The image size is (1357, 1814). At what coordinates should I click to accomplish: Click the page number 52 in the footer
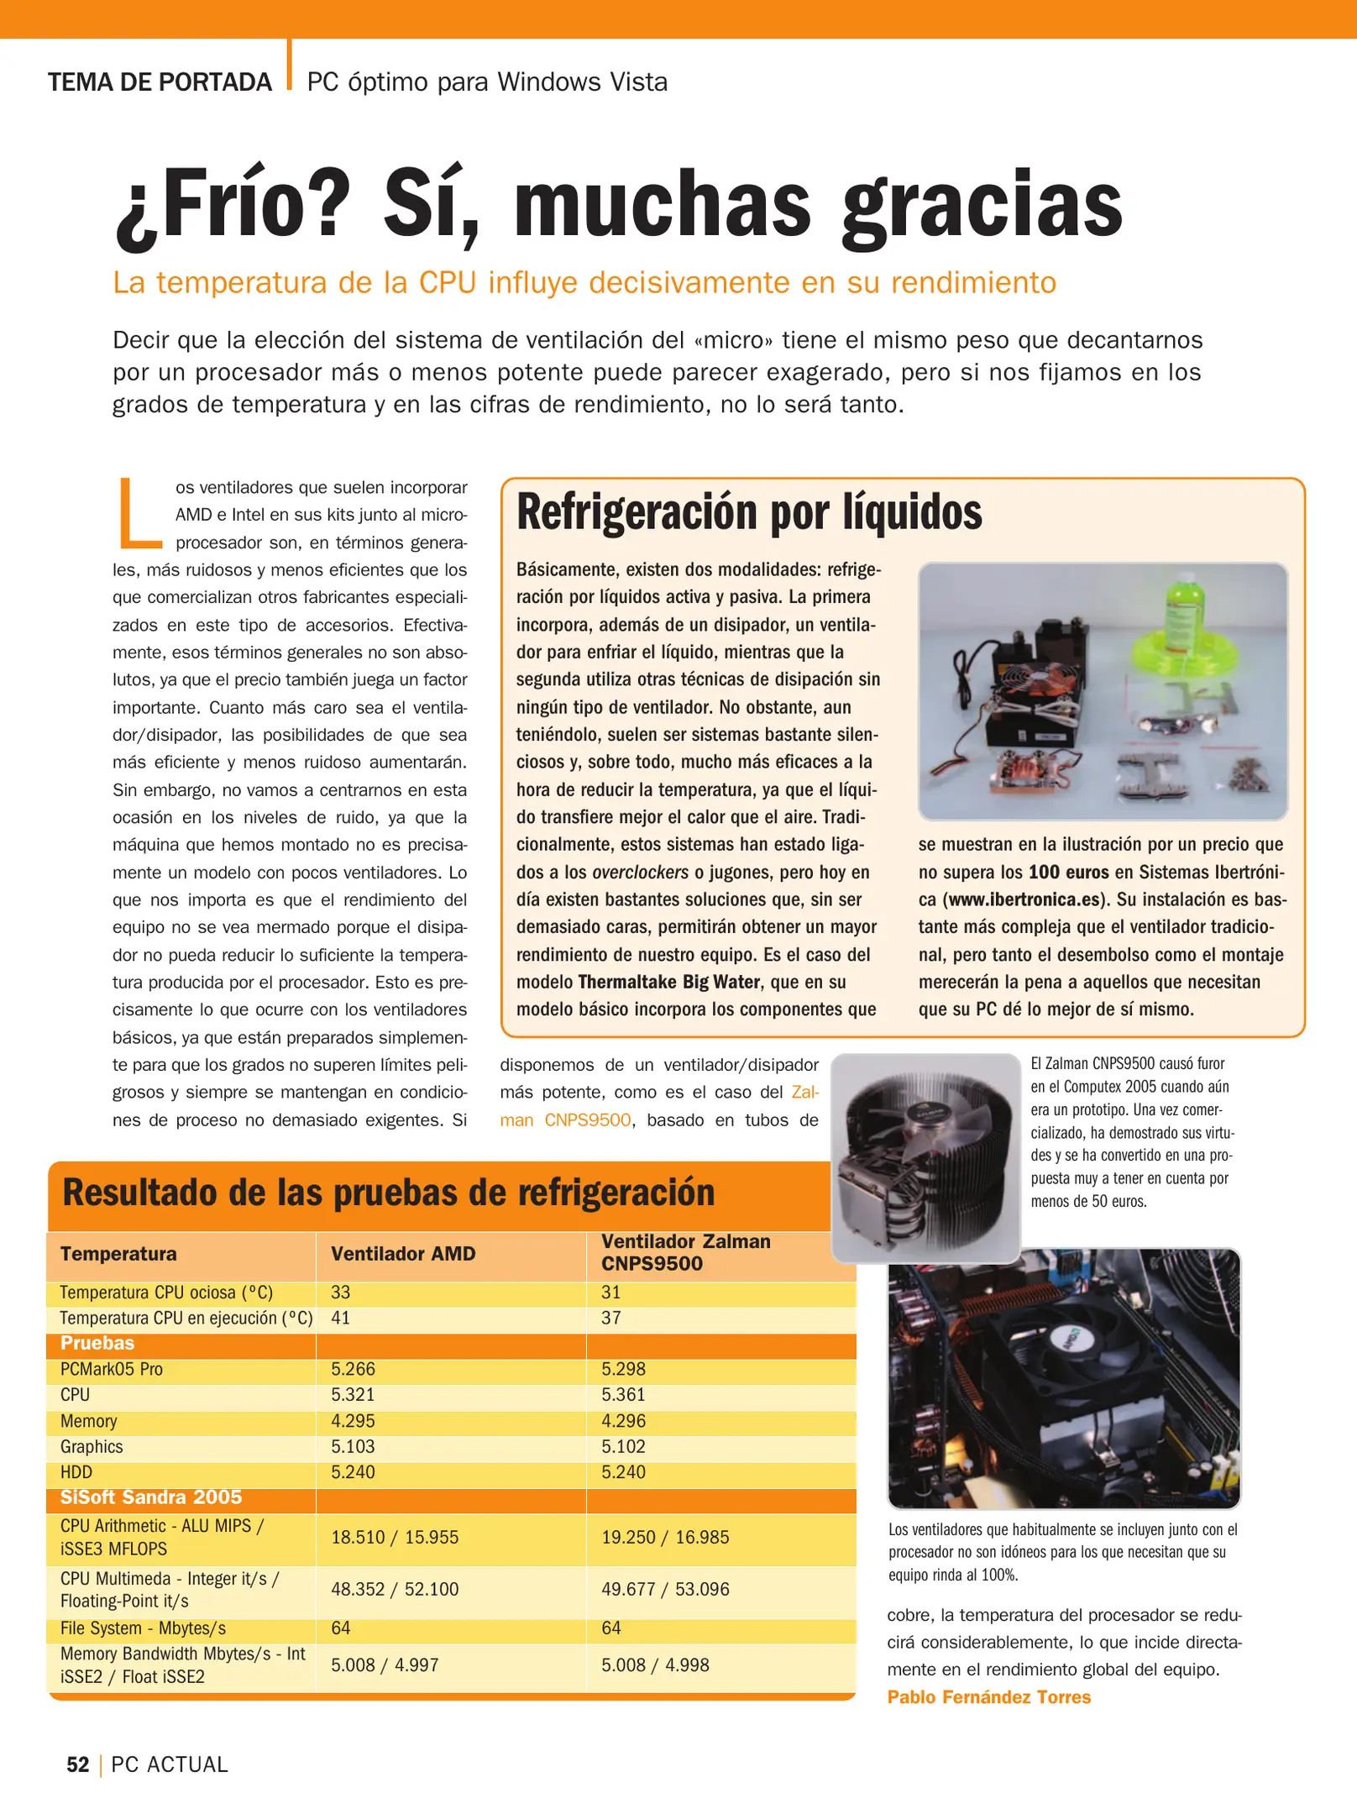[77, 1764]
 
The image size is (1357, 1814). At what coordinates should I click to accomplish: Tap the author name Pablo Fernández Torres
[988, 1697]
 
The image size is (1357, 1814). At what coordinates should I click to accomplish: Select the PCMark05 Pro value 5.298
[623, 1369]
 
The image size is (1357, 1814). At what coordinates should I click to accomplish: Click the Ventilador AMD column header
[403, 1254]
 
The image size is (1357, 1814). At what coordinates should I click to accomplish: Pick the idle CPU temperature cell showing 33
[340, 1292]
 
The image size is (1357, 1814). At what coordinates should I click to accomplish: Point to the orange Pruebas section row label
[97, 1343]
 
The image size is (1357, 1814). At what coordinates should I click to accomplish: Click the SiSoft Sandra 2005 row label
[151, 1497]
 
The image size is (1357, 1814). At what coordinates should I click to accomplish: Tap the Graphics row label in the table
[92, 1446]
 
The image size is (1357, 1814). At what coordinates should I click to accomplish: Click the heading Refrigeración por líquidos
[749, 512]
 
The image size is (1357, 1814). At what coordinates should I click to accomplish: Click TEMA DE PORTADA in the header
[160, 82]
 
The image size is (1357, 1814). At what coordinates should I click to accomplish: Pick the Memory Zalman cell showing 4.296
[623, 1421]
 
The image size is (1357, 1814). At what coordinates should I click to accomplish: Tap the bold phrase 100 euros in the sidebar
[1068, 872]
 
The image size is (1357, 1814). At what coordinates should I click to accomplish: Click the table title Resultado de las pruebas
[388, 1193]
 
